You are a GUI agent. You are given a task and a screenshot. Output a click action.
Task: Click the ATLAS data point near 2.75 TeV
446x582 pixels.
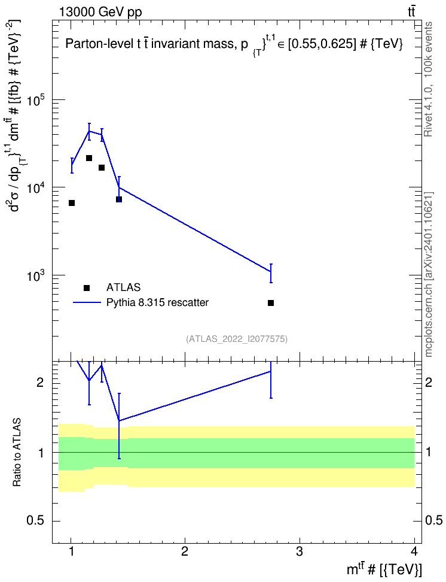pyautogui.click(x=271, y=303)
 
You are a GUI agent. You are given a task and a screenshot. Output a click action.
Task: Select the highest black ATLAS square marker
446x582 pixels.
pyautogui.click(x=89, y=158)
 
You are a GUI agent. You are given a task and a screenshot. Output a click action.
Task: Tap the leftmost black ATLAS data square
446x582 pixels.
pyautogui.click(x=72, y=203)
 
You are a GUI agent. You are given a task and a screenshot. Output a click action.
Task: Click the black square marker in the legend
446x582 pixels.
pyautogui.click(x=87, y=287)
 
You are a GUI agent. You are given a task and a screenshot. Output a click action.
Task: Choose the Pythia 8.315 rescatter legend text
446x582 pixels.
pyautogui.click(x=157, y=302)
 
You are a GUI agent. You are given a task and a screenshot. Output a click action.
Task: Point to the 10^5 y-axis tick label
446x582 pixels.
pyautogui.click(x=36, y=101)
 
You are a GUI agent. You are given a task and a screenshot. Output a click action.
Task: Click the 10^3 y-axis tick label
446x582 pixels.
pyautogui.click(x=36, y=277)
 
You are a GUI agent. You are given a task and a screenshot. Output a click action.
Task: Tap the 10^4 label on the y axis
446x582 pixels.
pyautogui.click(x=36, y=189)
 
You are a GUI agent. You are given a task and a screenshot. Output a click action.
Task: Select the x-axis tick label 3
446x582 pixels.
pyautogui.click(x=299, y=551)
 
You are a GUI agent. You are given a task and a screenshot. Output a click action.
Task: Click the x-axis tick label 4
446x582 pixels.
pyautogui.click(x=414, y=551)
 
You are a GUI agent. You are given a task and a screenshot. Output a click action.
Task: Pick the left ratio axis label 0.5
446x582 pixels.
pyautogui.click(x=36, y=521)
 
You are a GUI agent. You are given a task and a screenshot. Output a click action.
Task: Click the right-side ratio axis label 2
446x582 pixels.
pyautogui.click(x=429, y=382)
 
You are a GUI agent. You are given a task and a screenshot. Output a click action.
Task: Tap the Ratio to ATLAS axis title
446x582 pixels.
pyautogui.click(x=17, y=453)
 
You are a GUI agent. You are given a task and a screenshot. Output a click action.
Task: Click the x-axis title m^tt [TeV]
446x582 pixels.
pyautogui.click(x=384, y=569)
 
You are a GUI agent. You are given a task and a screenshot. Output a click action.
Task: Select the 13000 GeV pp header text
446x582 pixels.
pyautogui.click(x=100, y=12)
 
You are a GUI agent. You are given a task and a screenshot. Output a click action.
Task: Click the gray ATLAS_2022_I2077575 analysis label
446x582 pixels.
pyautogui.click(x=237, y=339)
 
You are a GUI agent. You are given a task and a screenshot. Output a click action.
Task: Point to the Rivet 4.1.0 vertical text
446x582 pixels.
pyautogui.click(x=428, y=79)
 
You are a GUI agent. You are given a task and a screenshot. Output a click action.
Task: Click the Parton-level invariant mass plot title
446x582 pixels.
pyautogui.click(x=234, y=44)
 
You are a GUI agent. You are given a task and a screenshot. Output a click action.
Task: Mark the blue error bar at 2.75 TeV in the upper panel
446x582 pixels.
pyautogui.click(x=271, y=273)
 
